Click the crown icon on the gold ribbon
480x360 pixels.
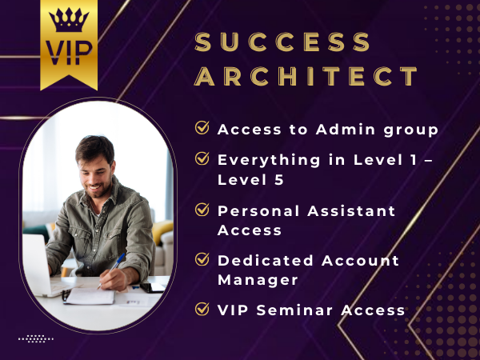(69, 20)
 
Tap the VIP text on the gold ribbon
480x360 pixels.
(69, 53)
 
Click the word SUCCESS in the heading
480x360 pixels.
(282, 42)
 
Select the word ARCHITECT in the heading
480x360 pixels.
(306, 76)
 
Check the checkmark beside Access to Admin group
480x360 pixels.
(202, 127)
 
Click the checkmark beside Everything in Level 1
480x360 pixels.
(202, 158)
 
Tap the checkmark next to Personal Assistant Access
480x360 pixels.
(202, 210)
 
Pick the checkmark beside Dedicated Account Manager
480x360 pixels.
(202, 259)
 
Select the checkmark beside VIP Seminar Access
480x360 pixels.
(202, 309)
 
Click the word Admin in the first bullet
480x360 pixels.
(346, 129)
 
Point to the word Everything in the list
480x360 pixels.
(269, 161)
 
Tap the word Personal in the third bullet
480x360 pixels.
(258, 211)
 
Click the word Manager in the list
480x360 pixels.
(258, 280)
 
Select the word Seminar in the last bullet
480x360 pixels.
(294, 310)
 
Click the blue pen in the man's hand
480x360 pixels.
(111, 270)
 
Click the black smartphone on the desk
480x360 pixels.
(153, 287)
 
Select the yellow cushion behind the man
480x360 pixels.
(162, 232)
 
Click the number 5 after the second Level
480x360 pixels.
(279, 180)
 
